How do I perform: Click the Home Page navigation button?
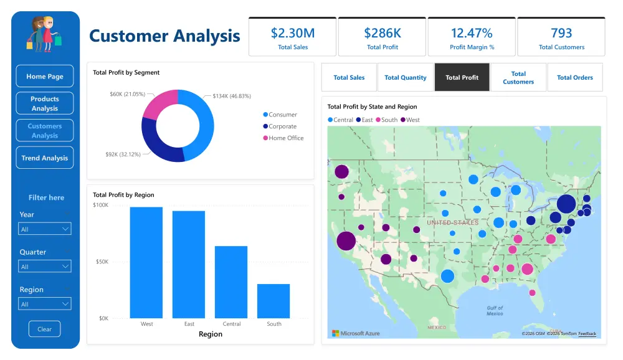coord(44,76)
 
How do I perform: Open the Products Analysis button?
coord(44,103)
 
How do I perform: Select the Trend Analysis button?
coord(44,158)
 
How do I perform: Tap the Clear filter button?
coord(44,329)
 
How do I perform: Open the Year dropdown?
coord(44,229)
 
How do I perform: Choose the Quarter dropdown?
coord(44,266)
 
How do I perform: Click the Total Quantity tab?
coord(406,77)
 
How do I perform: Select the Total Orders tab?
coord(574,77)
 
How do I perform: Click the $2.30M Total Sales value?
coord(293,33)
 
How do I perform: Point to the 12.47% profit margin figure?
coord(472,33)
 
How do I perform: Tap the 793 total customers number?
coord(561,33)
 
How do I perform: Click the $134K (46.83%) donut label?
coord(232,96)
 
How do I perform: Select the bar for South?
coord(273,301)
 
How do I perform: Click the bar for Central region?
coord(231,282)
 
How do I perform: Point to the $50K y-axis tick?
coord(102,262)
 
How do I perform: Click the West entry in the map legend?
coord(410,120)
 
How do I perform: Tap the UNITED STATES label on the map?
coord(452,222)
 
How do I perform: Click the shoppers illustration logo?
coord(44,34)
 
